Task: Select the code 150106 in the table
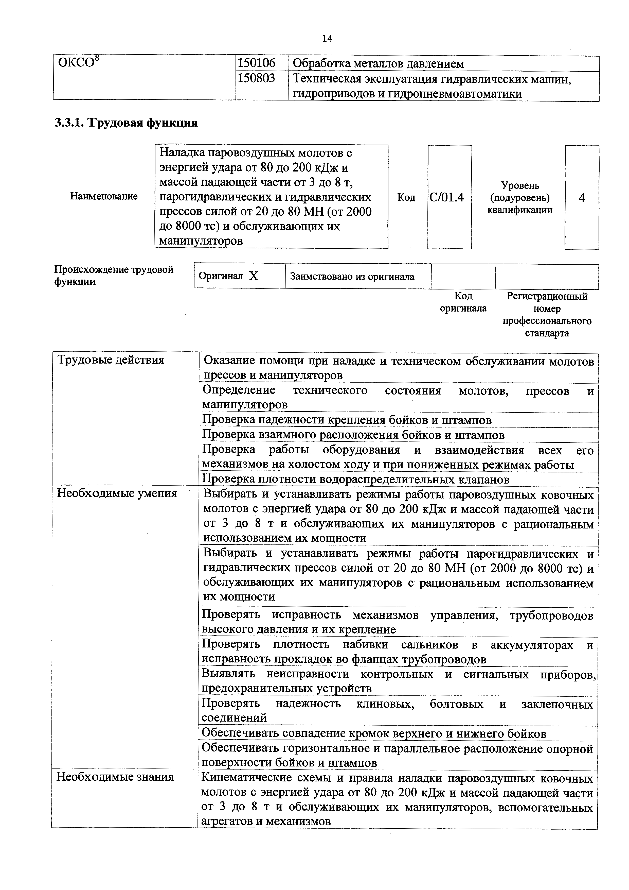(x=256, y=63)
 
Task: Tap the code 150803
(x=256, y=78)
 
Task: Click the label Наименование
(x=104, y=196)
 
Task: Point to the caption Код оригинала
(x=463, y=302)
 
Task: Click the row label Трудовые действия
(x=111, y=360)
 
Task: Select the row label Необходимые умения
(x=117, y=493)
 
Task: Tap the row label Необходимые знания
(x=115, y=777)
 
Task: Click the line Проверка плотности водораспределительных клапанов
(x=355, y=480)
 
